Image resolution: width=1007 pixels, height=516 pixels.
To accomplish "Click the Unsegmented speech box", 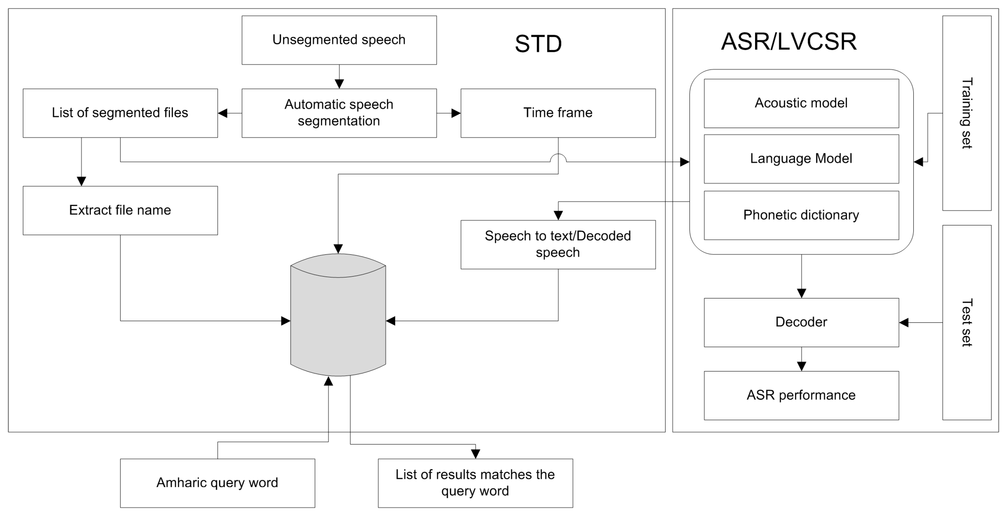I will pyautogui.click(x=339, y=40).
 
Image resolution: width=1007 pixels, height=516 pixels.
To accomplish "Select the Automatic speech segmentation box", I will pyautogui.click(x=339, y=113).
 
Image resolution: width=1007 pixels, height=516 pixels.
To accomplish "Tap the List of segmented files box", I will pyautogui.click(x=120, y=113).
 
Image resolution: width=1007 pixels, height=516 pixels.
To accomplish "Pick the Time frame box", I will pyautogui.click(x=558, y=113).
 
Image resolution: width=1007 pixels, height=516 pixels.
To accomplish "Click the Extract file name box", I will pyautogui.click(x=120, y=210).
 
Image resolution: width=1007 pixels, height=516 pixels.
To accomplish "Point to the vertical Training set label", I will pyautogui.click(x=966, y=113).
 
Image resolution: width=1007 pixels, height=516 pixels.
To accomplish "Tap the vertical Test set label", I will pyautogui.click(x=966, y=322).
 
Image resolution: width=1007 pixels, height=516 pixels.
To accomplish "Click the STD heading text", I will pyautogui.click(x=538, y=44).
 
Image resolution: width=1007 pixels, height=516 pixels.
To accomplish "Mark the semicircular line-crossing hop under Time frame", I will pyautogui.click(x=558, y=158).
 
